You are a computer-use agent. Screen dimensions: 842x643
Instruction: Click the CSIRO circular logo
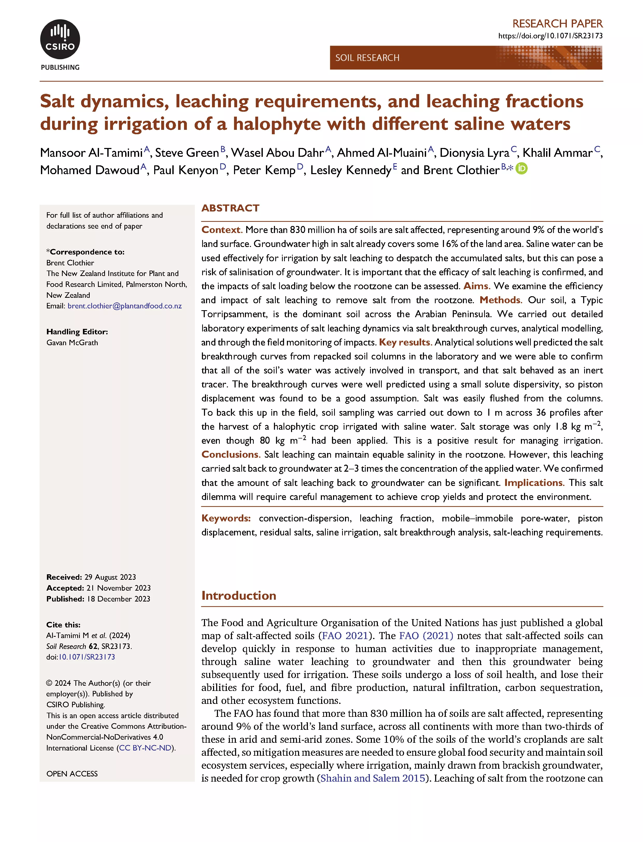click(60, 39)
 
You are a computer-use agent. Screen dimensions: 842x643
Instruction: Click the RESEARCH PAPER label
click(557, 24)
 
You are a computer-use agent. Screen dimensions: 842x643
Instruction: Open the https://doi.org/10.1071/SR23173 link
click(550, 36)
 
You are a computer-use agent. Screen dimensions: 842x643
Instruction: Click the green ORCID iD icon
click(521, 168)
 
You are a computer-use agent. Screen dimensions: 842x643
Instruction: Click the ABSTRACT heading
click(230, 208)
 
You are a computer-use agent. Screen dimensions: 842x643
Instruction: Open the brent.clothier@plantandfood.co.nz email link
click(124, 306)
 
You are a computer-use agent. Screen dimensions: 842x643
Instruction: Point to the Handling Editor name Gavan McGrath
click(72, 343)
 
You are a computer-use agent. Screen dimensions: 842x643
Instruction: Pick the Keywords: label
click(226, 518)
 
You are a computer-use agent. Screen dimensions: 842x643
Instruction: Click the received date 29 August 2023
click(110, 577)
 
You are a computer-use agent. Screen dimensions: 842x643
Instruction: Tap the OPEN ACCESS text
click(72, 774)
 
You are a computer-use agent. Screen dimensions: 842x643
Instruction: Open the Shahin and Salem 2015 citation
click(373, 778)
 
